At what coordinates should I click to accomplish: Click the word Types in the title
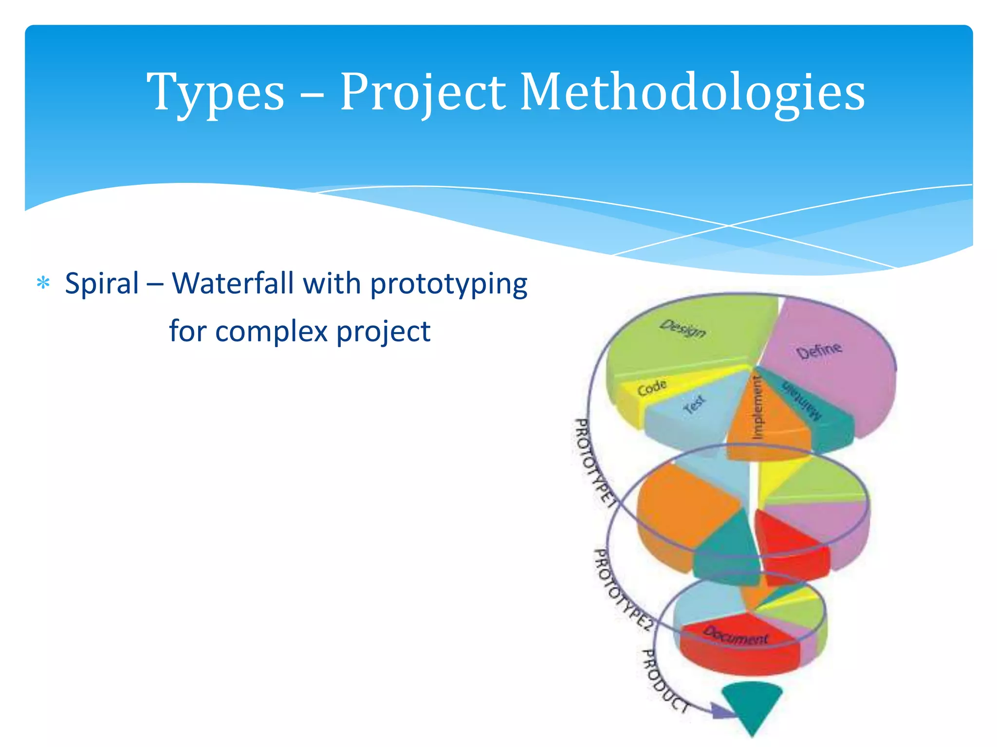pyautogui.click(x=215, y=92)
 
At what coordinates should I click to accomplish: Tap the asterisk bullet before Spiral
pyautogui.click(x=43, y=284)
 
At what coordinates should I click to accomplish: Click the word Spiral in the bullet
pyautogui.click(x=102, y=284)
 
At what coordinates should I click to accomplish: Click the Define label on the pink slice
pyautogui.click(x=819, y=350)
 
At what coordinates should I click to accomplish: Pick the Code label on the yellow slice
pyautogui.click(x=652, y=388)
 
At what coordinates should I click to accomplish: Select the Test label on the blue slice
pyautogui.click(x=694, y=404)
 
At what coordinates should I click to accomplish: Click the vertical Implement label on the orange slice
pyautogui.click(x=757, y=408)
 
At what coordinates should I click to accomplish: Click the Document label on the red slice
pyautogui.click(x=736, y=636)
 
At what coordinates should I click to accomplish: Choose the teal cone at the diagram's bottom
pyautogui.click(x=752, y=703)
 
